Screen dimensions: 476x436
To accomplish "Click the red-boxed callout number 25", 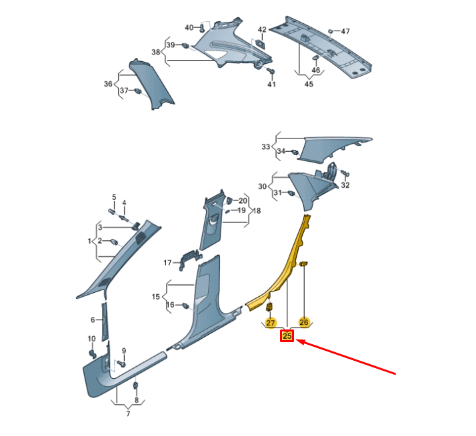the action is (287, 336).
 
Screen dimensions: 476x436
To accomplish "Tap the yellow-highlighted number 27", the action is (270, 323).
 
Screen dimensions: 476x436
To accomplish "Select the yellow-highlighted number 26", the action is (303, 322).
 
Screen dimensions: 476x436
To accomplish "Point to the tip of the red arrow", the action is (296, 341).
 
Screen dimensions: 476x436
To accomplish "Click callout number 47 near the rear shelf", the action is (345, 31).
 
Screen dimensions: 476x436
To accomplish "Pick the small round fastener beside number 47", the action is (330, 31).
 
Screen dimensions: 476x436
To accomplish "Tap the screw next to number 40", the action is (202, 29).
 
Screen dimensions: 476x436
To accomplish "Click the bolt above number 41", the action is (271, 71).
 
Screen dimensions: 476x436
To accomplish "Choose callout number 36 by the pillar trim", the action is (108, 84).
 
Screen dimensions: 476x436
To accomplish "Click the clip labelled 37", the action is (138, 91).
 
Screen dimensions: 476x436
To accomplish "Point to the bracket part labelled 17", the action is (191, 258).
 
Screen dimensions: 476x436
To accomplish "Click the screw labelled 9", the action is (121, 363).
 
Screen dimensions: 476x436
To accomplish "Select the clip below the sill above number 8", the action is (136, 386).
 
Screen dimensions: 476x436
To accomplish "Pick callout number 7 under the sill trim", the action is (128, 413).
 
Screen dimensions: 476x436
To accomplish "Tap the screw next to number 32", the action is (345, 173).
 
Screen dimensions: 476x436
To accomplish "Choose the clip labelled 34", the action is (295, 152).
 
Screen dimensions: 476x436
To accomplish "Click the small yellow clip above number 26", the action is (304, 264).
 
